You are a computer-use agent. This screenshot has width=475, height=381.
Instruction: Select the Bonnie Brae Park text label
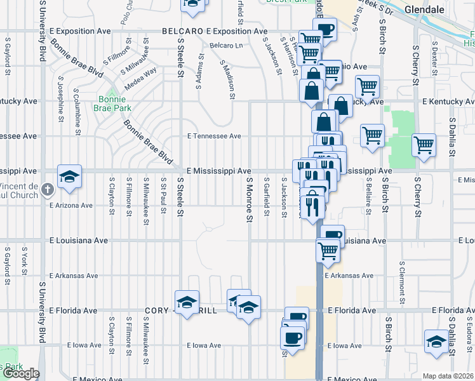tap(112, 104)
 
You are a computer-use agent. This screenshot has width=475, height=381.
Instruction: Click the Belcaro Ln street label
tap(227, 46)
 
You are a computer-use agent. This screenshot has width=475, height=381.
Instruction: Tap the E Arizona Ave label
tap(71, 205)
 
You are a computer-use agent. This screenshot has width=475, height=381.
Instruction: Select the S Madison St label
tap(227, 80)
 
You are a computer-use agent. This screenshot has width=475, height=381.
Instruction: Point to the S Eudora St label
tap(468, 337)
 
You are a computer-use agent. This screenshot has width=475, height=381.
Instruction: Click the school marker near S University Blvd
tap(69, 177)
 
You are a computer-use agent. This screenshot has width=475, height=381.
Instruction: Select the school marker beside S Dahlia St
tap(436, 342)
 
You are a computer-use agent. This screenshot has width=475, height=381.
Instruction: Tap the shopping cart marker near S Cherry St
tap(423, 145)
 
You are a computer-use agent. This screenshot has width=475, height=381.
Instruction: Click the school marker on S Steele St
tap(187, 302)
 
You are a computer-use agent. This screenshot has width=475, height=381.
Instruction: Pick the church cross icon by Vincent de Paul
tap(47, 189)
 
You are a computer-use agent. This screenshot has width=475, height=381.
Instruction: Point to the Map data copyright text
tap(448, 376)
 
